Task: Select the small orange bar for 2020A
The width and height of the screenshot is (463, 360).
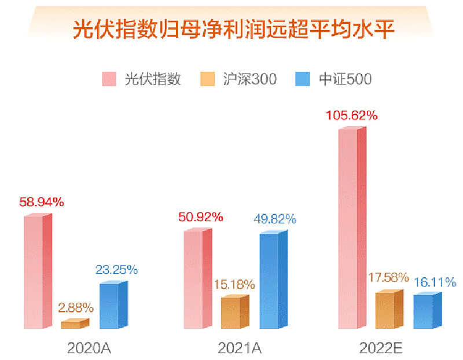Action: (x=74, y=324)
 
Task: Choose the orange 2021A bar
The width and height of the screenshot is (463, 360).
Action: (x=234, y=313)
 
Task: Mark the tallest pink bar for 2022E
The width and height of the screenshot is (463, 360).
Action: (x=351, y=229)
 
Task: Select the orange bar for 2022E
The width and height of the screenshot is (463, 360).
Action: (x=388, y=310)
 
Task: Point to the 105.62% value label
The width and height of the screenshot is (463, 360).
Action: (x=351, y=115)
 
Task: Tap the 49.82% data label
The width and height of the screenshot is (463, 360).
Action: (x=275, y=219)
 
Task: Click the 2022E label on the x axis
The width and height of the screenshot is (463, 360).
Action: (x=380, y=348)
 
